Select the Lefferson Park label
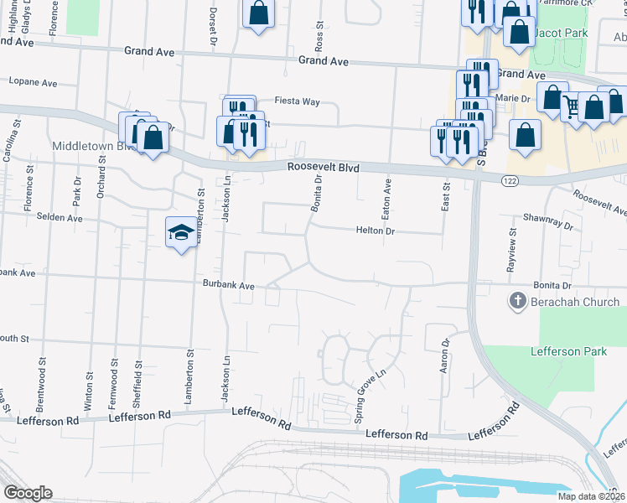pyautogui.click(x=567, y=351)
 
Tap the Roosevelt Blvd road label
pyautogui.click(x=323, y=168)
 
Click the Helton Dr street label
pyautogui.click(x=375, y=230)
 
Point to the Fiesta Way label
pyautogui.click(x=299, y=101)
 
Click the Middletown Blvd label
pyautogui.click(x=94, y=146)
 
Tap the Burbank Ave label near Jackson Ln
pyautogui.click(x=228, y=285)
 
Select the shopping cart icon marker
pyautogui.click(x=573, y=105)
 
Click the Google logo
pyautogui.click(x=28, y=493)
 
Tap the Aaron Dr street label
pyautogui.click(x=446, y=355)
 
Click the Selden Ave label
pyautogui.click(x=60, y=217)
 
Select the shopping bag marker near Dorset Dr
pyautogui.click(x=259, y=13)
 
